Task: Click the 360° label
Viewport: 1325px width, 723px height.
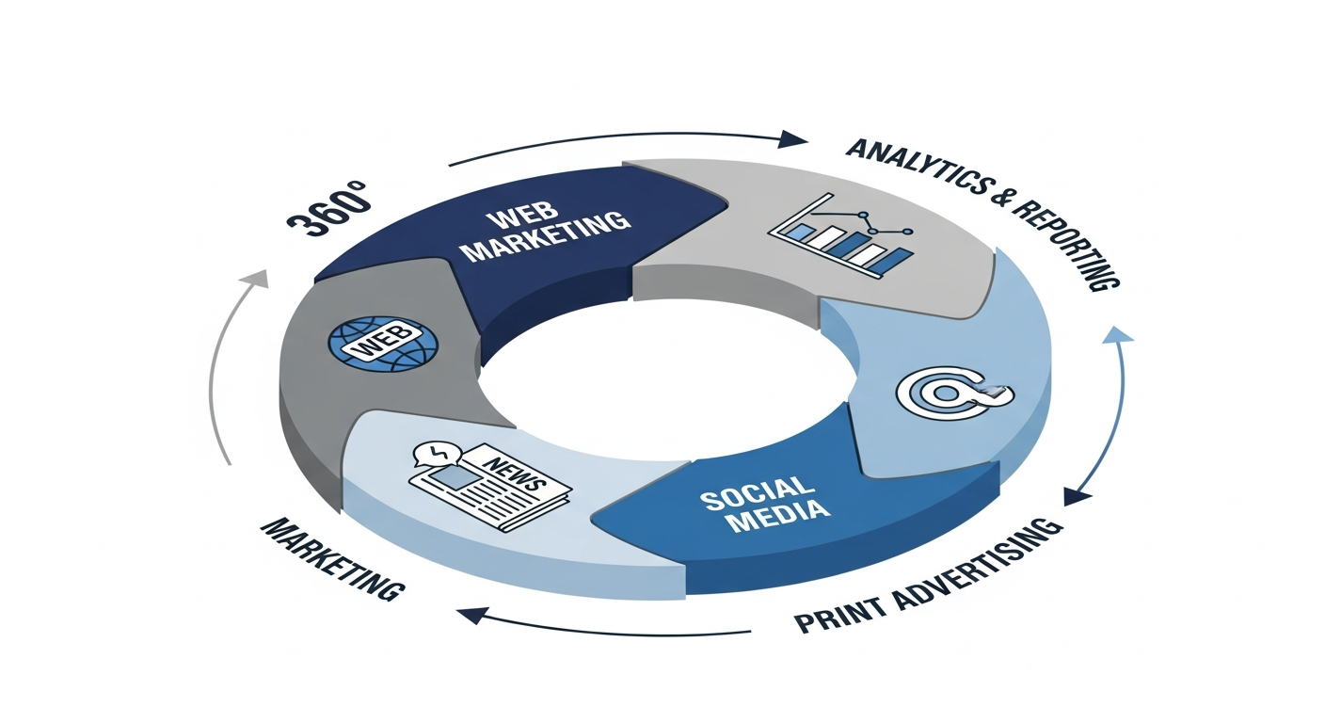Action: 329,209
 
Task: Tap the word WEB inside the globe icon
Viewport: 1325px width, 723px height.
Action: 381,343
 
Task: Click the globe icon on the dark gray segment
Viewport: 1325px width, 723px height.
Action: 382,343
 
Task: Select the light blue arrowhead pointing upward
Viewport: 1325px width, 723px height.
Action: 1117,334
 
